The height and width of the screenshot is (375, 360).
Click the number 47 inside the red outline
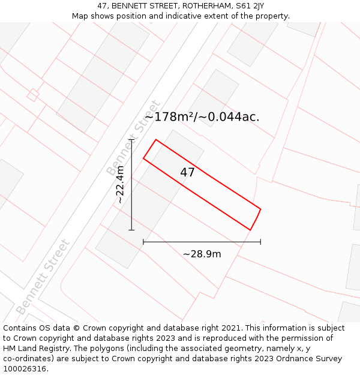(x=187, y=173)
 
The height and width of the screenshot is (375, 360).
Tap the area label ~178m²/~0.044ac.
(x=202, y=117)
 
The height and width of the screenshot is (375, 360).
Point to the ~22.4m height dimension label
(x=120, y=184)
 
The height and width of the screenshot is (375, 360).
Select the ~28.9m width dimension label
(x=202, y=254)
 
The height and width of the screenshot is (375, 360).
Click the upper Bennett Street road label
(x=134, y=138)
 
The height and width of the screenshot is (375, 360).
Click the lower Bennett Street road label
(x=43, y=277)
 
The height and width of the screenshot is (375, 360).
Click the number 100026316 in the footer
(x=26, y=369)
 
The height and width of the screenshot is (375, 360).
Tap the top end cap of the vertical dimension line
(x=131, y=140)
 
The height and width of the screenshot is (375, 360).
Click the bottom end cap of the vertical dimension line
(x=131, y=230)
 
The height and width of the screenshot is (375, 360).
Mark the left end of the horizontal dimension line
(x=143, y=242)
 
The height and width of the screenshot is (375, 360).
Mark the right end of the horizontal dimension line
(x=260, y=242)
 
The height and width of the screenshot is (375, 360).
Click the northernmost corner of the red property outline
(x=156, y=140)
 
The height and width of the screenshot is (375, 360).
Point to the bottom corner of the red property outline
(x=250, y=230)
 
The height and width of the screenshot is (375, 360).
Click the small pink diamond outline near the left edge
(x=33, y=94)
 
